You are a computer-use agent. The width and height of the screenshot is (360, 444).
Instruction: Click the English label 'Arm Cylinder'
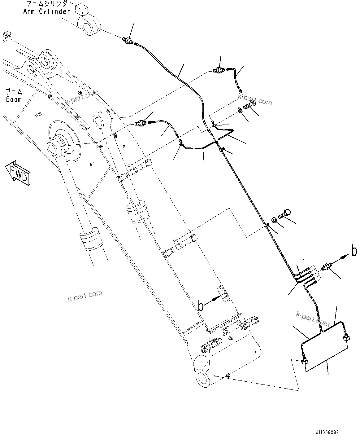[x=47, y=11]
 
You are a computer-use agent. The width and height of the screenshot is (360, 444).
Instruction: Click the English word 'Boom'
[x=14, y=99]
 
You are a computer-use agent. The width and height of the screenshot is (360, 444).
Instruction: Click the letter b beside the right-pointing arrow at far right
[x=354, y=251]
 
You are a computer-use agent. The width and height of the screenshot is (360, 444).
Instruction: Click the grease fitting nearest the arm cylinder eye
[x=127, y=40]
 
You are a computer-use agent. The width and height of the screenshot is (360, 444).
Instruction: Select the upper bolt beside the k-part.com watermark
[x=249, y=105]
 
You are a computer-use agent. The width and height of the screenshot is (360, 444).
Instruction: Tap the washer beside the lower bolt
[x=275, y=220]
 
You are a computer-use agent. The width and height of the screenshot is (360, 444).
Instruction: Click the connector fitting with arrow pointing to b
[x=327, y=267]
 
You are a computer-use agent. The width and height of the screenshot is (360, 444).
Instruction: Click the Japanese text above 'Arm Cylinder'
[x=47, y=4]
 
